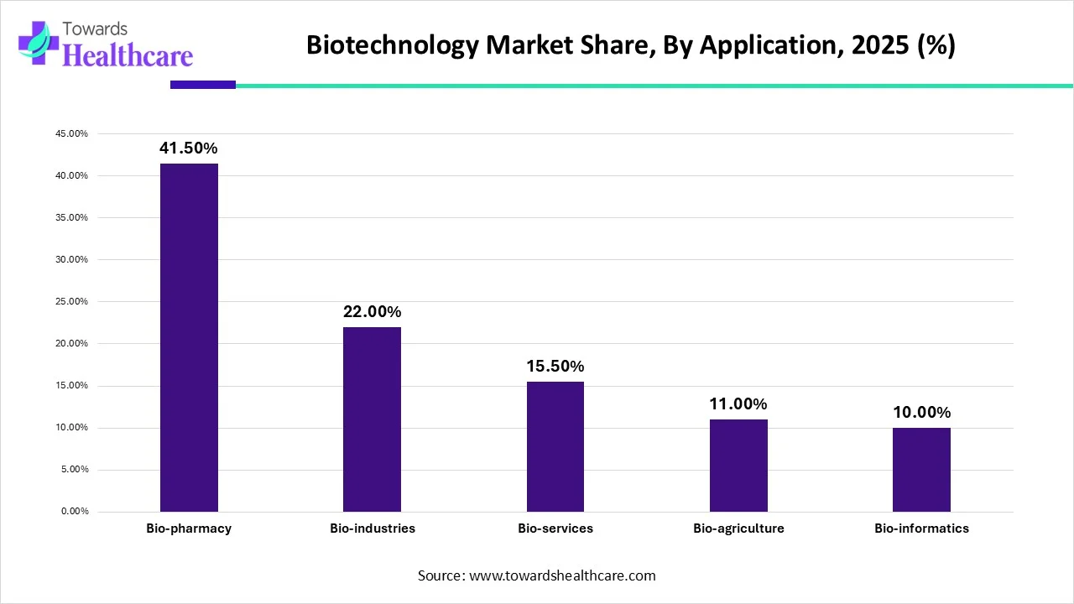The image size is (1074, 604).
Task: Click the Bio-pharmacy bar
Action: click(x=189, y=337)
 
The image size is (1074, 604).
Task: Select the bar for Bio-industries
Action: click(x=372, y=419)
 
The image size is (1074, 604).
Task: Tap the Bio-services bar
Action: click(x=555, y=446)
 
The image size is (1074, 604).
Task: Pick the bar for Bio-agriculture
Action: click(x=738, y=466)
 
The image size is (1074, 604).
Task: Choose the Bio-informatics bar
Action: click(x=921, y=470)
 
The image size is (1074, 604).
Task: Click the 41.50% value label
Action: click(x=189, y=148)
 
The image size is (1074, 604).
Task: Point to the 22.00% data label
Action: click(x=372, y=312)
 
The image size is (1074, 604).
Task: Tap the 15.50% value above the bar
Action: click(x=555, y=367)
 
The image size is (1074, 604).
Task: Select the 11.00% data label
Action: click(x=738, y=404)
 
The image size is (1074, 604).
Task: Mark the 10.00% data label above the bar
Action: click(x=921, y=413)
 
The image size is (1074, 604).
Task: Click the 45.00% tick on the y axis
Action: click(x=70, y=134)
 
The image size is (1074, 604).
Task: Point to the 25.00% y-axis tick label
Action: click(x=70, y=302)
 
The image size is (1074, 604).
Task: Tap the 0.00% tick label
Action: click(x=73, y=512)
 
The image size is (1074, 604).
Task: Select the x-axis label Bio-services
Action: click(x=555, y=528)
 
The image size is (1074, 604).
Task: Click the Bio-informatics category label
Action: click(x=921, y=528)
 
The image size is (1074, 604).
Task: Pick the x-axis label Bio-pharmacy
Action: click(x=189, y=528)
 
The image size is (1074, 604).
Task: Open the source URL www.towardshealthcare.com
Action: click(x=561, y=575)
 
